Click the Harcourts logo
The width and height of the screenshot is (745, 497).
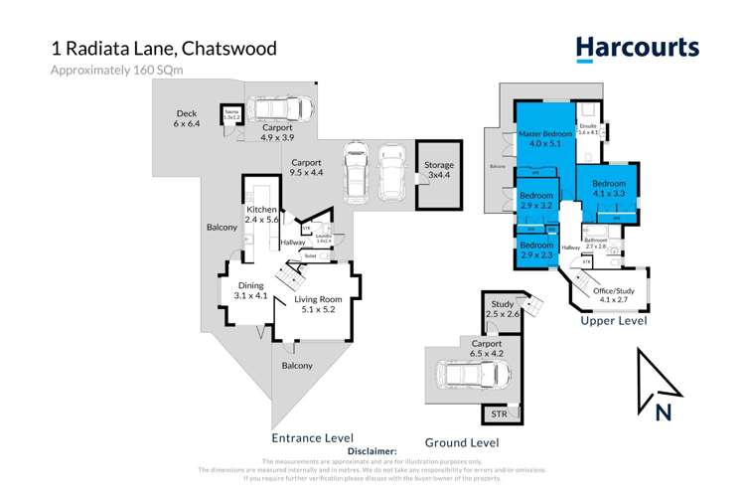coord(637,48)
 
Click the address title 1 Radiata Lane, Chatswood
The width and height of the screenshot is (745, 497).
coord(164,48)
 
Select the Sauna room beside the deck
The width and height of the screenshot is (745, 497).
coord(230,114)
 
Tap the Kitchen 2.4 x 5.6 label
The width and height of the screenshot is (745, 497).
coord(263,216)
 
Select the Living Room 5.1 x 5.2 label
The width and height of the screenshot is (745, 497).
coord(317,304)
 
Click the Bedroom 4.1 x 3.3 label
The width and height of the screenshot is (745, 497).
coord(608,190)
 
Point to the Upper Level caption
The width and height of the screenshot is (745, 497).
coord(613,321)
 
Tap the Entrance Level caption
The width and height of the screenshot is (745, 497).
coord(312,437)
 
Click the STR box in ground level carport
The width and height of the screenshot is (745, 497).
coord(498,412)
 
